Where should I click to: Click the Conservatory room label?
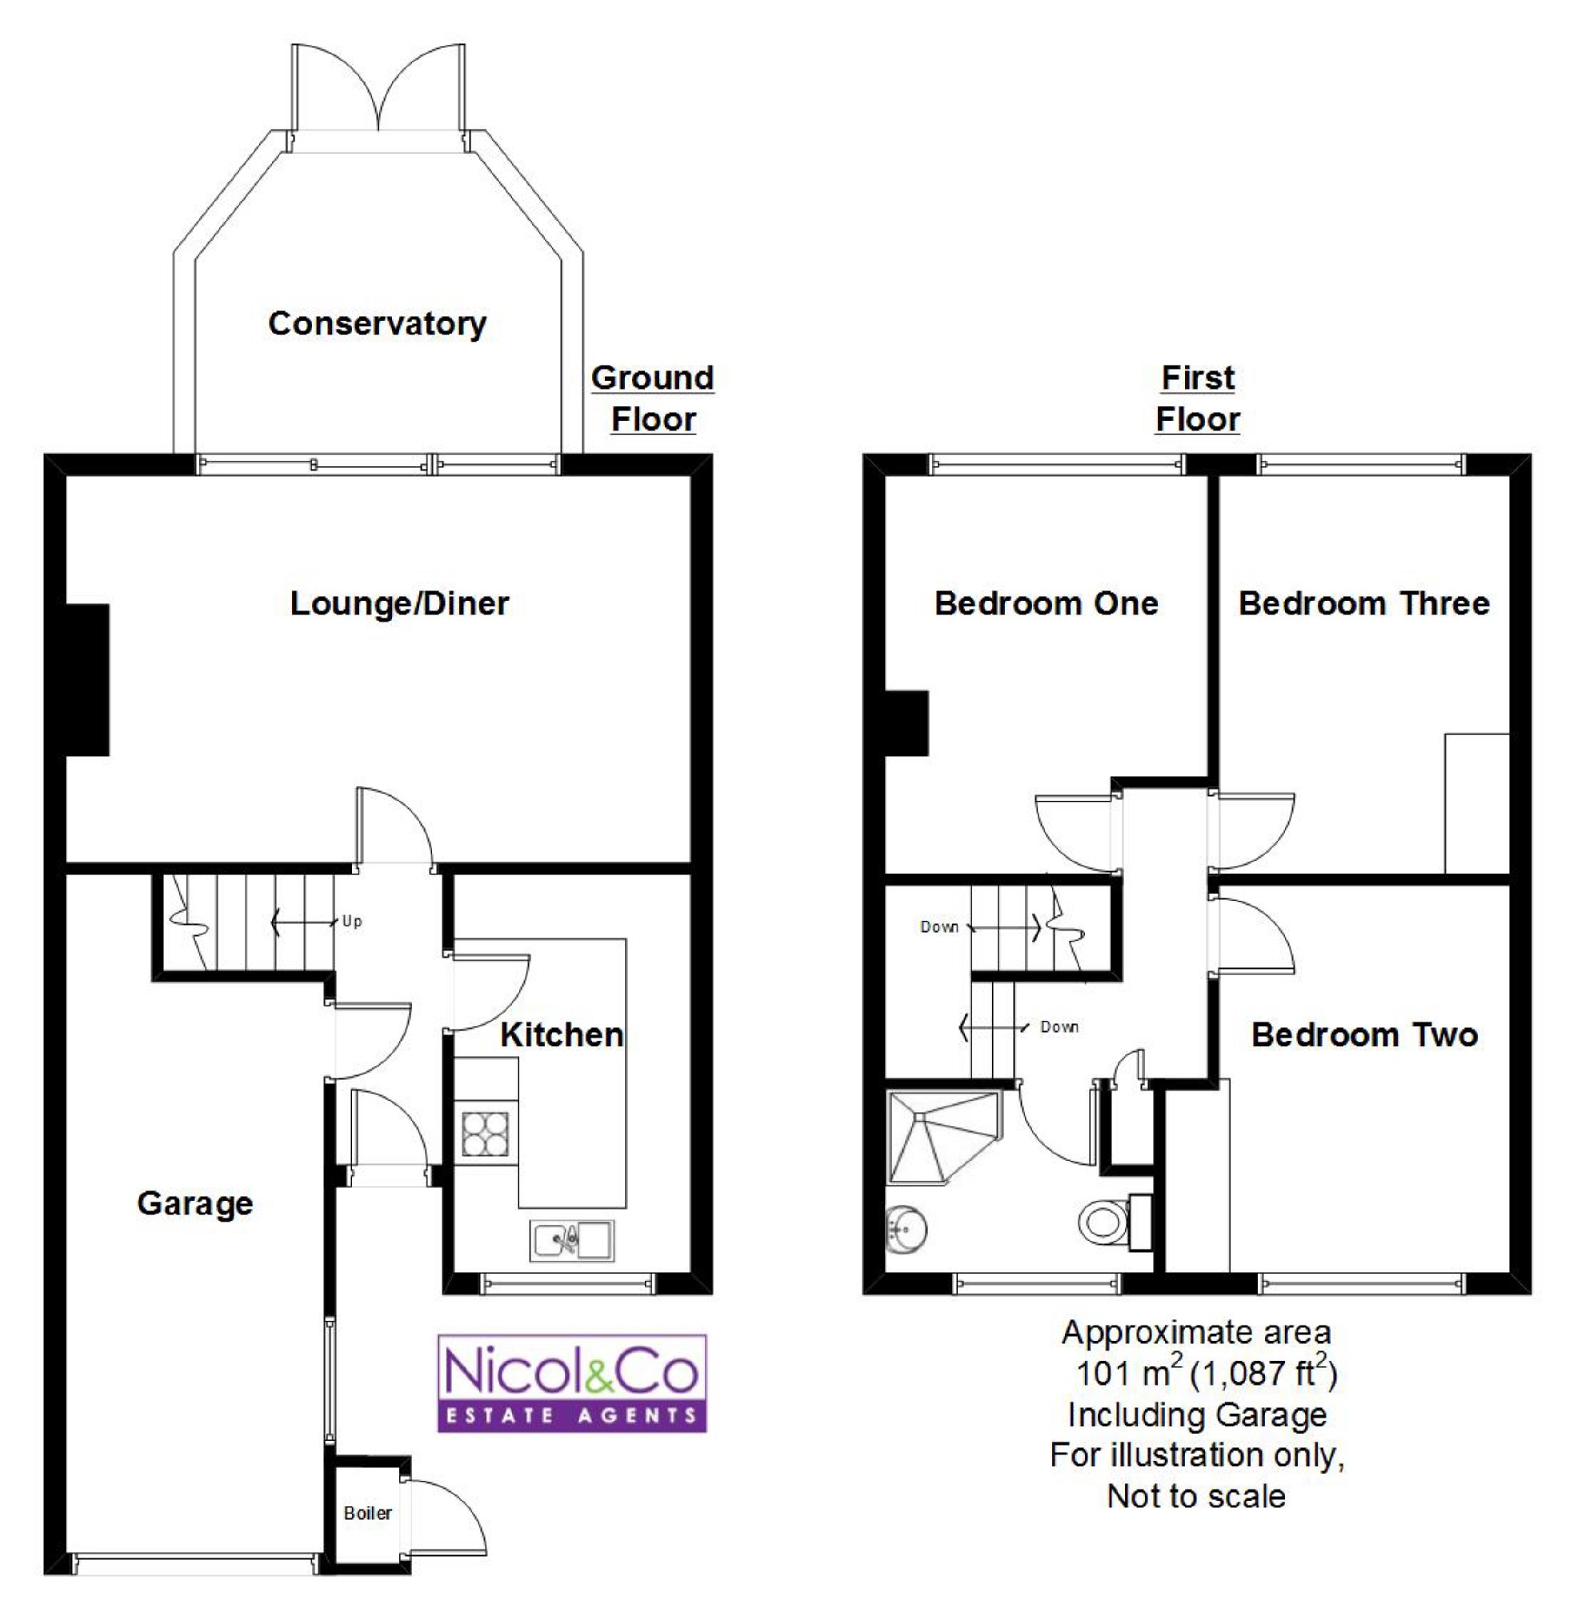(378, 324)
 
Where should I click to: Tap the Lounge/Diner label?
(399, 604)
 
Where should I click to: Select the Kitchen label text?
(562, 1035)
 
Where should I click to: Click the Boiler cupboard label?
(368, 1513)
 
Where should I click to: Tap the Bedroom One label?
(1046, 604)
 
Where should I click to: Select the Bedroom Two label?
(1364, 1035)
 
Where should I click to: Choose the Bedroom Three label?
(1364, 604)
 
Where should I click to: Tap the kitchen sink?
(572, 1240)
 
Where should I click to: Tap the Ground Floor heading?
(653, 398)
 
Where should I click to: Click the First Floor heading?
(1198, 398)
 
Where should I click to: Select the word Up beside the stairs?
(352, 922)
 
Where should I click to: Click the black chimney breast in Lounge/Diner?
(88, 680)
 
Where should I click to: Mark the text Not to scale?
(1197, 1496)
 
